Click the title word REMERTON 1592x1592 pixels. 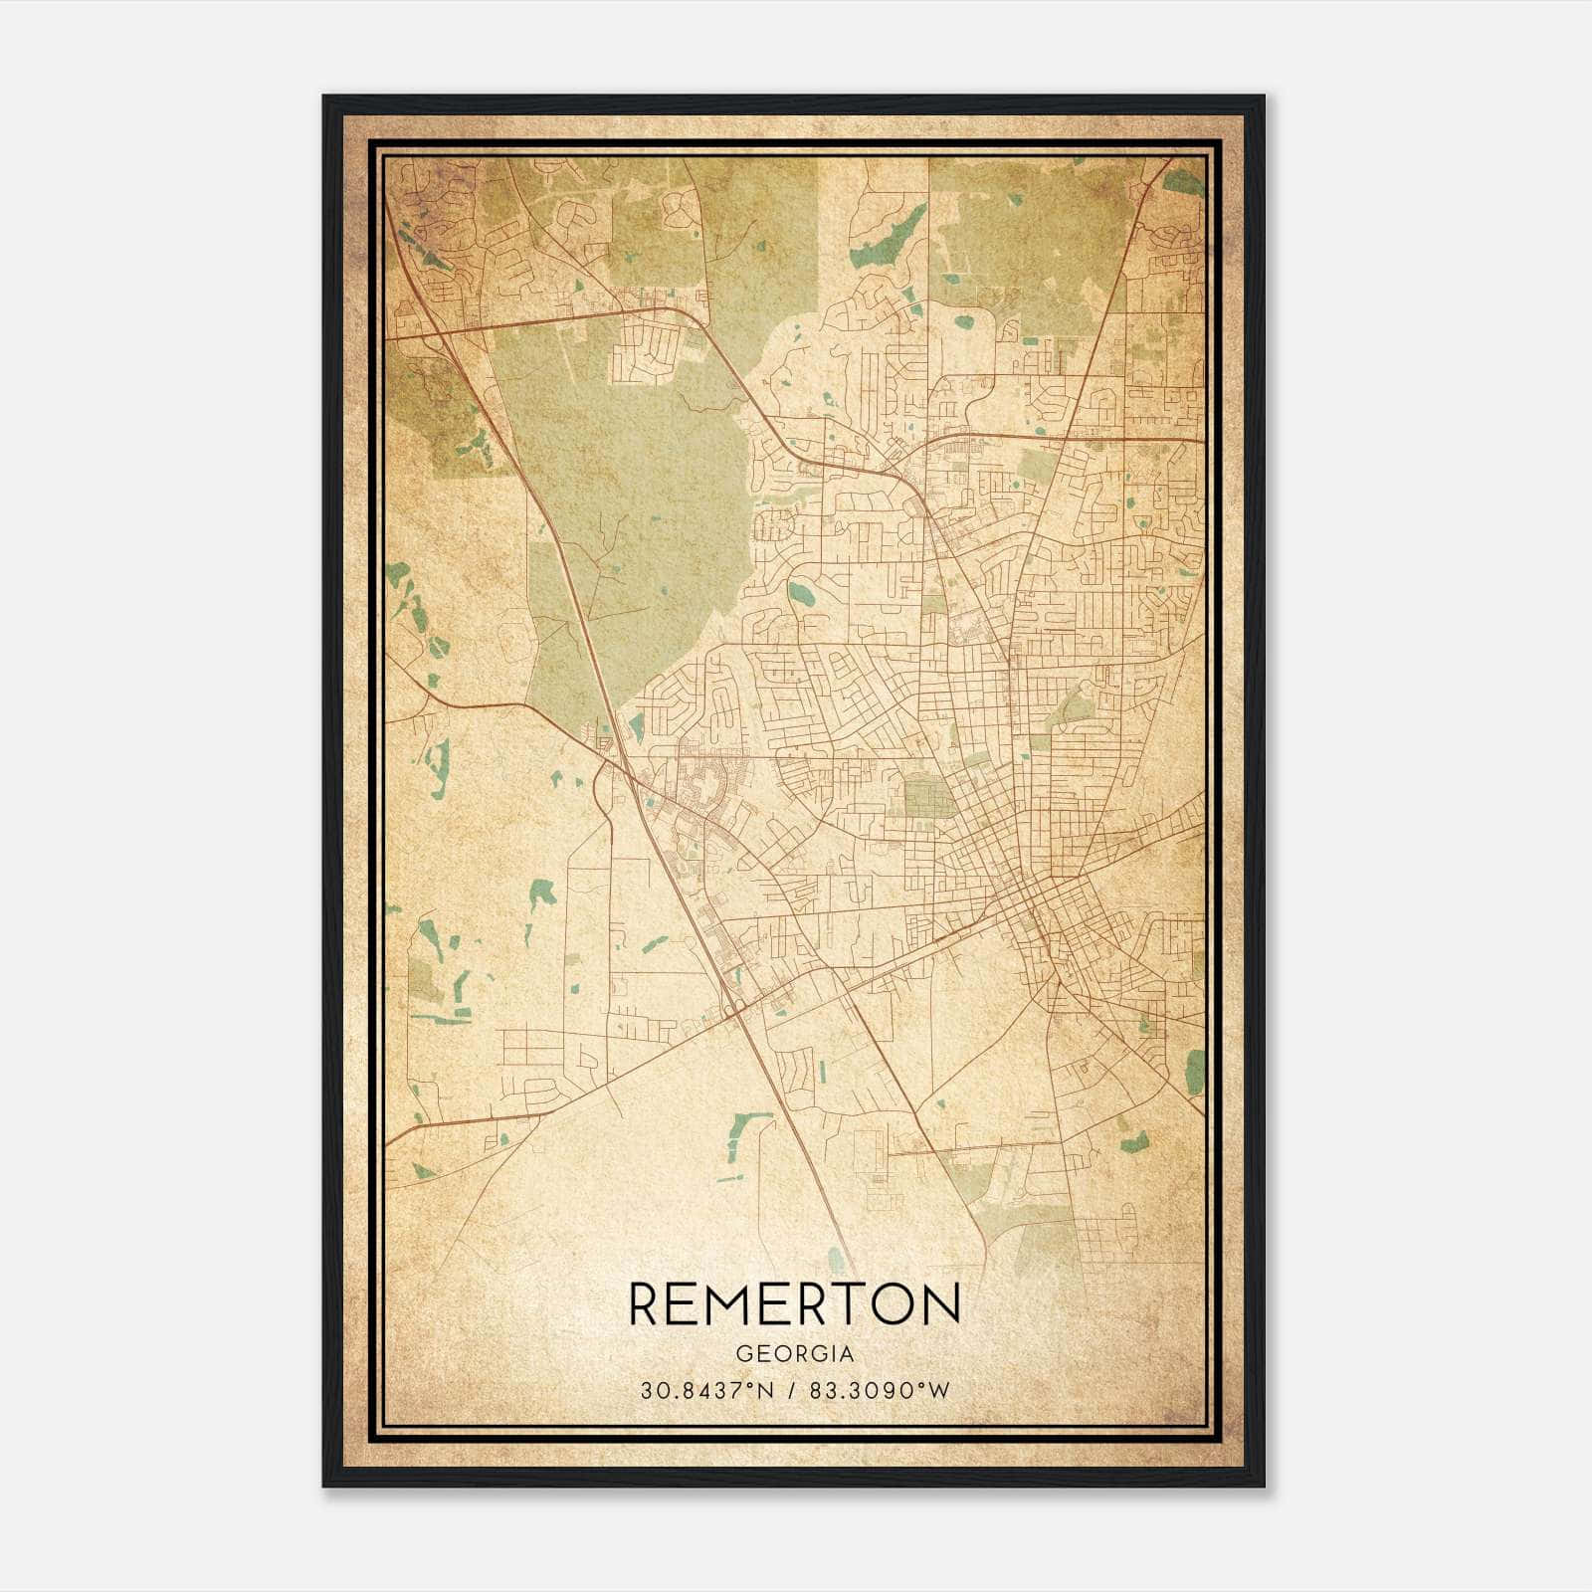pos(794,1303)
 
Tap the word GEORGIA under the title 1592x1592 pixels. pos(794,1353)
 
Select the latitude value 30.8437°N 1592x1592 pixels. pos(707,1390)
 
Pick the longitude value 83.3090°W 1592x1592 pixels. pos(880,1390)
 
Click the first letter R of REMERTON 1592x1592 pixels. pos(646,1303)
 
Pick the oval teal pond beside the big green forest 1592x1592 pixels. pos(800,594)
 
